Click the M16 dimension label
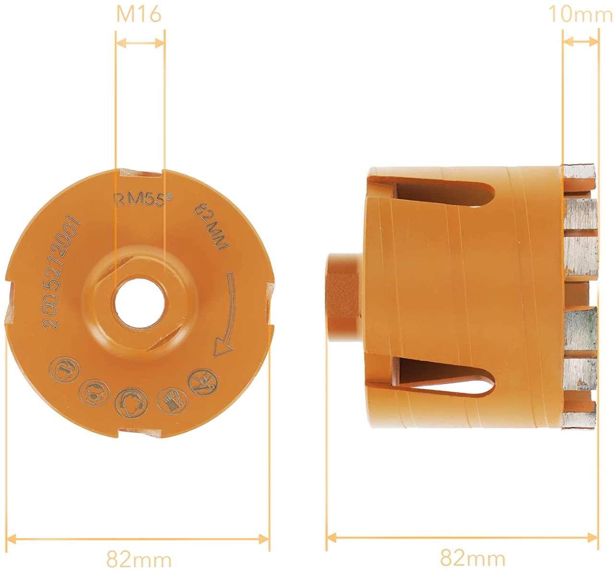tap(139, 14)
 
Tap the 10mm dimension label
tap(580, 14)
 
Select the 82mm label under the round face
tap(139, 559)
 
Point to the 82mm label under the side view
tap(472, 558)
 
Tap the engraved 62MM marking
tap(212, 225)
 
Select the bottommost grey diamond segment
tap(579, 420)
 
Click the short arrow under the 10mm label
tap(580, 42)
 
